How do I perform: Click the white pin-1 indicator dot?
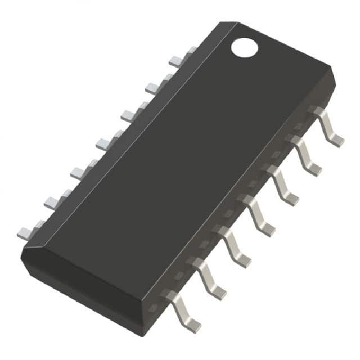click(244, 47)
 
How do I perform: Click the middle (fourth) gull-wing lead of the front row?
click(259, 214)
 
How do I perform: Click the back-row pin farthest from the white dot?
click(30, 229)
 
